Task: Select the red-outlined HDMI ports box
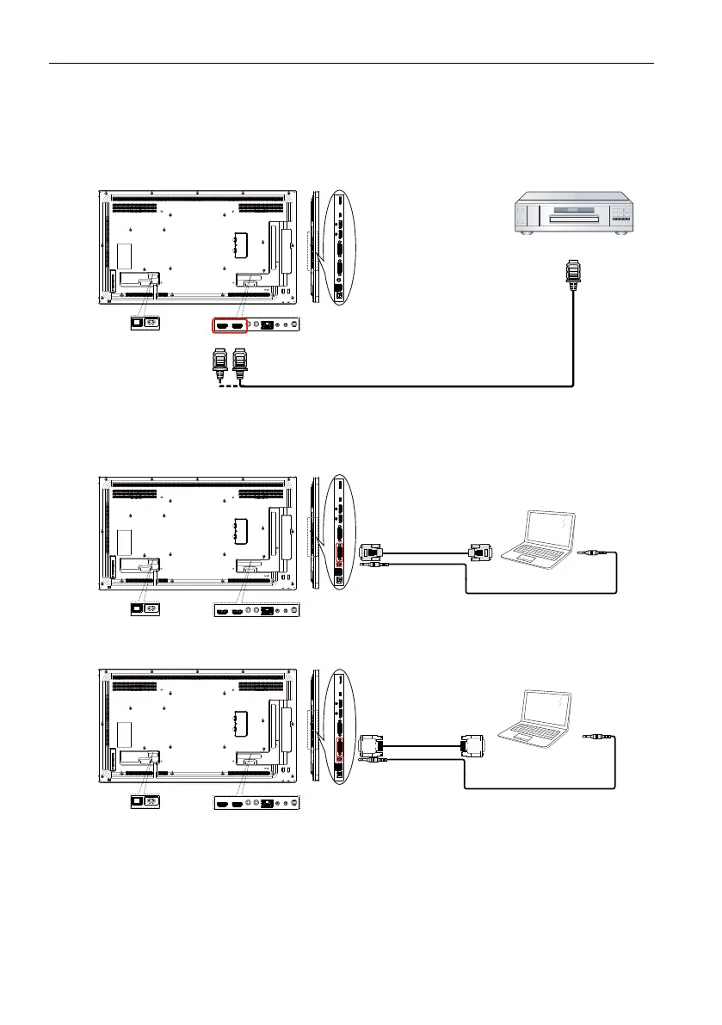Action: (x=229, y=326)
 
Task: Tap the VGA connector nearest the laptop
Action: (x=478, y=552)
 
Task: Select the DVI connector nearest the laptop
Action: (x=474, y=743)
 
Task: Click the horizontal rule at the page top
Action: (x=350, y=63)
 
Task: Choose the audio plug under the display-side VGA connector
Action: (x=377, y=565)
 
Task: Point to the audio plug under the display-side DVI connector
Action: (x=377, y=759)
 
